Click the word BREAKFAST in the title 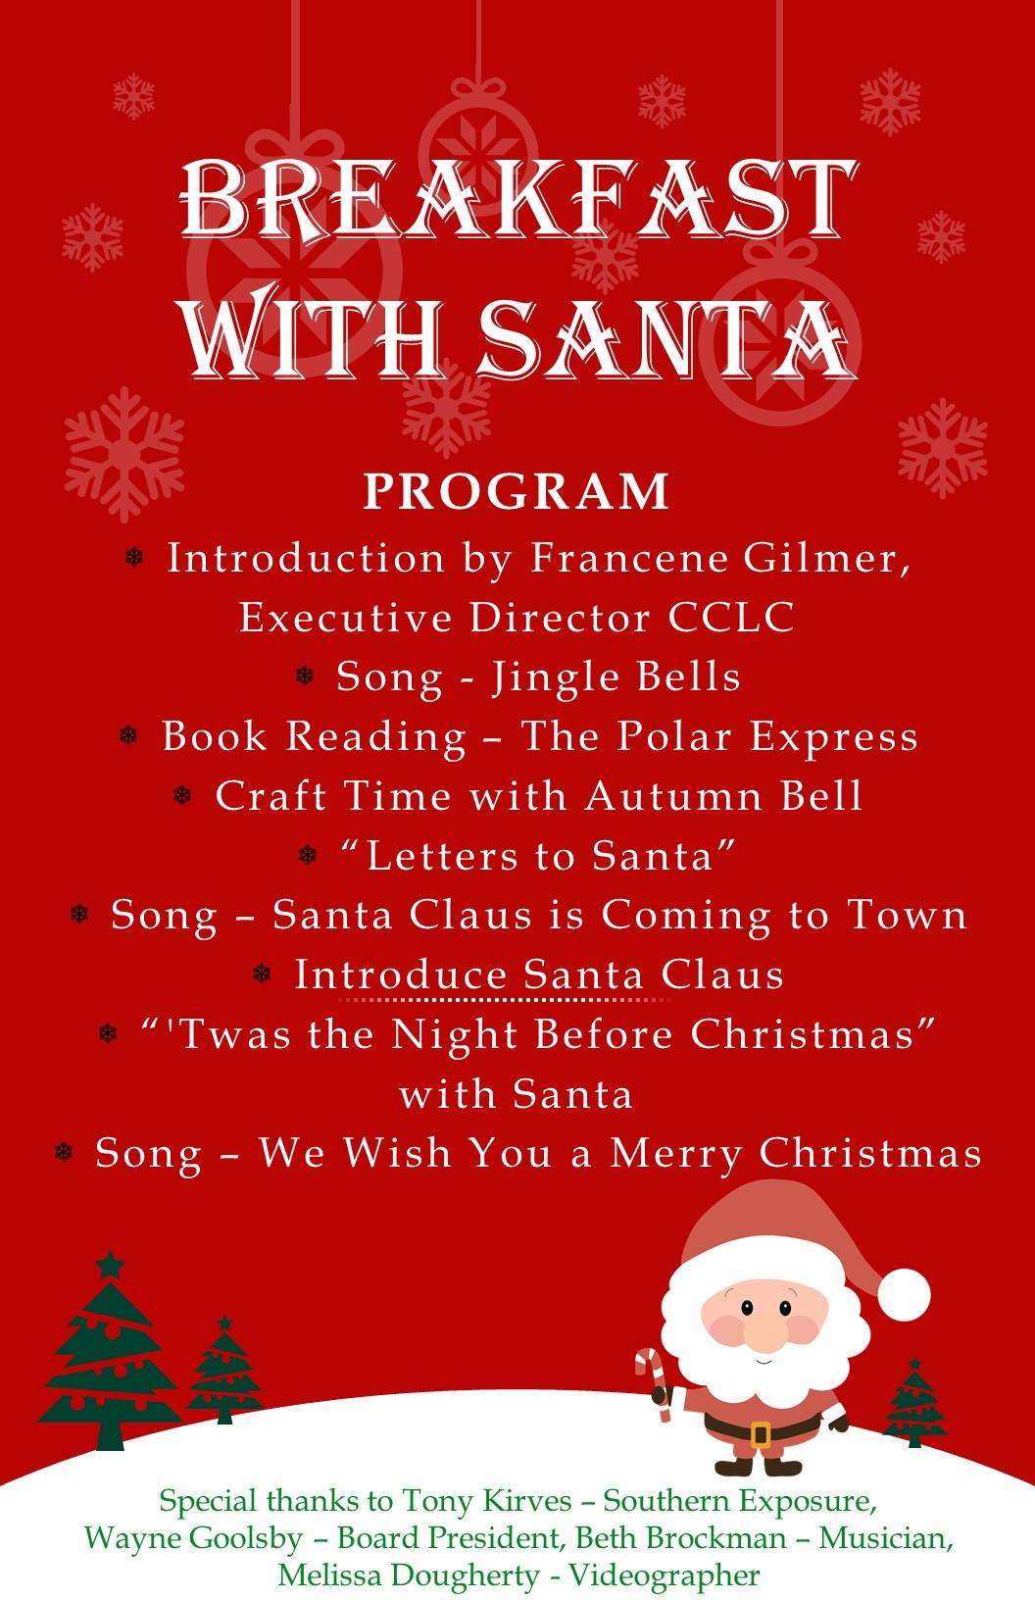[x=518, y=199]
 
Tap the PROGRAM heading [x=517, y=491]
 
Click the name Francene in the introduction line [x=628, y=558]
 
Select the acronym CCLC [x=731, y=617]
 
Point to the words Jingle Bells [x=616, y=678]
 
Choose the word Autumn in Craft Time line [x=674, y=796]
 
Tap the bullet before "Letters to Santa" [x=307, y=855]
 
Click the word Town [x=908, y=915]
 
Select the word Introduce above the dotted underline [x=401, y=975]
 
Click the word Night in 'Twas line [x=455, y=1034]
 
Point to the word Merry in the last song [x=676, y=1154]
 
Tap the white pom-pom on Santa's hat [x=904, y=1294]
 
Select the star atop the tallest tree [x=110, y=1265]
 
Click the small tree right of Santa [x=914, y=1404]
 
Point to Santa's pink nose [x=766, y=1335]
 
